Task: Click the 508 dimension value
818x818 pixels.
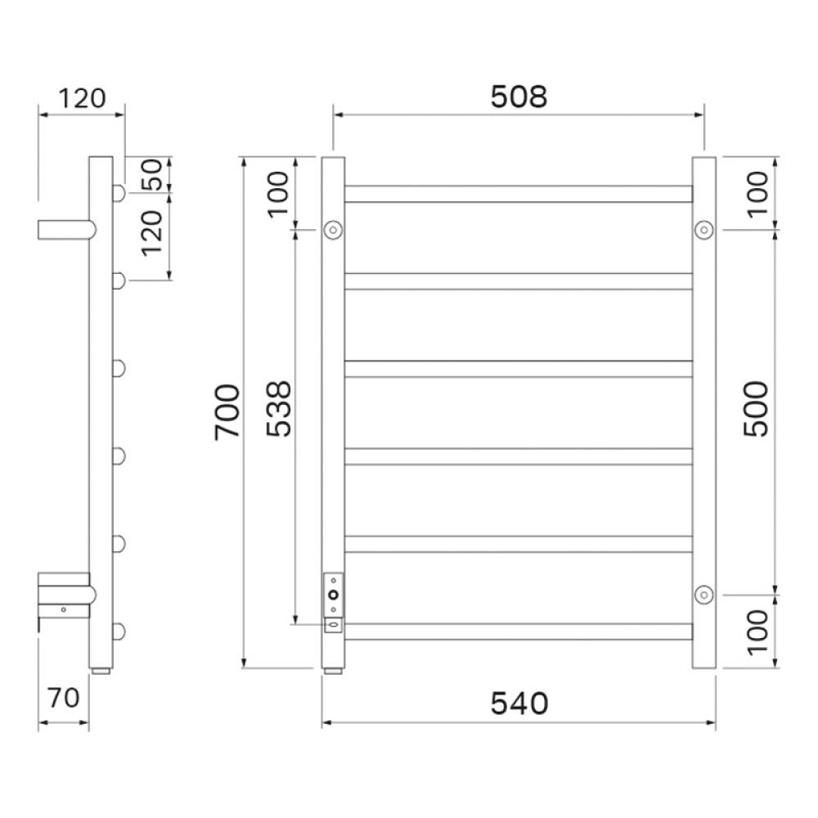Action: [519, 97]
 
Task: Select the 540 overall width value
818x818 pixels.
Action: [519, 703]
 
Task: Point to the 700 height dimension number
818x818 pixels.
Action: [227, 412]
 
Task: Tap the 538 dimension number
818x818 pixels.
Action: [278, 409]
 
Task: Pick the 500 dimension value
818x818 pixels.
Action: [756, 409]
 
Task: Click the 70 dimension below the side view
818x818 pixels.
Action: [63, 698]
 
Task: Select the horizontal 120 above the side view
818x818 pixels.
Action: [81, 98]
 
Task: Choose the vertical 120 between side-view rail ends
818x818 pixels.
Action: [152, 233]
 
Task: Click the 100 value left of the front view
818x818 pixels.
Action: [278, 193]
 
